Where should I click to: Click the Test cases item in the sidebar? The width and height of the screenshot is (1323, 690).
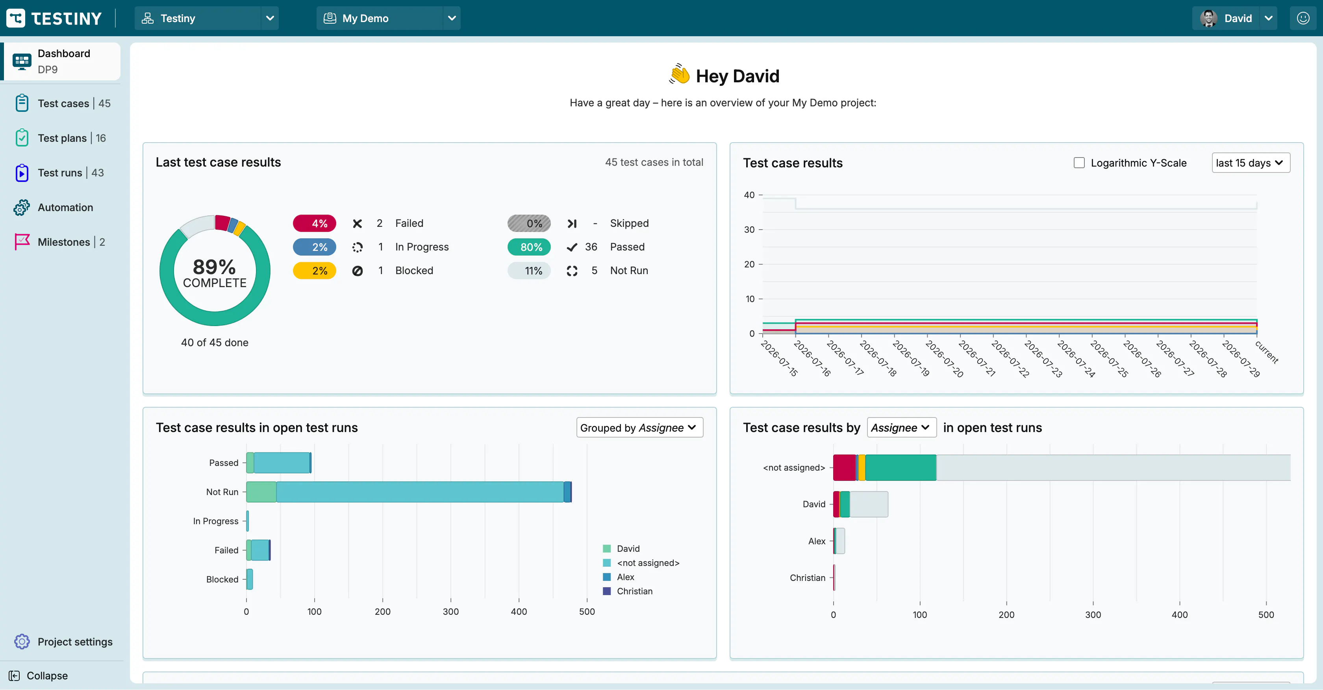[x=63, y=103]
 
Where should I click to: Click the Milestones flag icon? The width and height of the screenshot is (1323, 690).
[x=22, y=241]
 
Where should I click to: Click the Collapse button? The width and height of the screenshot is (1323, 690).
[x=39, y=675]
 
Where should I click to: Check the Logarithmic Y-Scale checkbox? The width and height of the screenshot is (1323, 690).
[x=1079, y=163]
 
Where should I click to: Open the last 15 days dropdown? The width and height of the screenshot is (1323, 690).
[x=1251, y=163]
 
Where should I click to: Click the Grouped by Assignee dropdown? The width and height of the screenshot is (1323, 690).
[x=639, y=427]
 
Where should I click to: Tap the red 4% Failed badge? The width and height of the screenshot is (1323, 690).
[x=314, y=223]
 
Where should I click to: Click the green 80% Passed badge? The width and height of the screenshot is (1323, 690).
[x=529, y=247]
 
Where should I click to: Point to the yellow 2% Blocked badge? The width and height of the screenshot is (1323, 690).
[x=314, y=270]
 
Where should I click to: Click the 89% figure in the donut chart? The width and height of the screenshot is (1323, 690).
[x=214, y=267]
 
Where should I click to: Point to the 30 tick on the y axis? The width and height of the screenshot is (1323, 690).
[x=749, y=230]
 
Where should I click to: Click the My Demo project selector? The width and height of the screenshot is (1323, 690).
[x=388, y=18]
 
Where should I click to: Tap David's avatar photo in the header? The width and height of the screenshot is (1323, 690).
[x=1208, y=18]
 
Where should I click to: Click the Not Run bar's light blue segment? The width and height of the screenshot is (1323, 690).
[x=420, y=492]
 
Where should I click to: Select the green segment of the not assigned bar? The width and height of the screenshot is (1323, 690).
[x=901, y=467]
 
